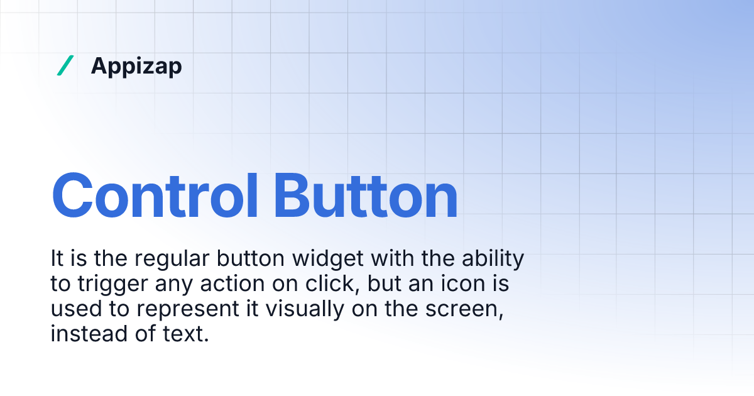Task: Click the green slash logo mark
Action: (65, 65)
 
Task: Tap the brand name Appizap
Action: (136, 66)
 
